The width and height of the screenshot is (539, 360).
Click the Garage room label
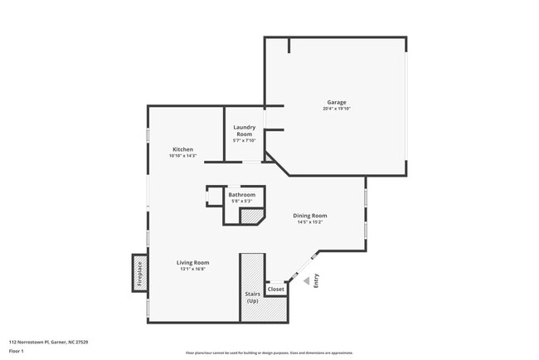click(336, 102)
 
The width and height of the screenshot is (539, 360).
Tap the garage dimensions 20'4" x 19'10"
click(337, 109)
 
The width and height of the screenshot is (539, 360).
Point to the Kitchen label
click(182, 149)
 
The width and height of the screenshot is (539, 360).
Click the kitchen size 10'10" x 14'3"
click(182, 156)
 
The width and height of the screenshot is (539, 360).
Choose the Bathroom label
click(242, 195)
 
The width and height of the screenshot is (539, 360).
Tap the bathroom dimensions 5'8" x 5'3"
click(242, 202)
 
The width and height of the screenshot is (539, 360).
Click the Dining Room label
click(310, 216)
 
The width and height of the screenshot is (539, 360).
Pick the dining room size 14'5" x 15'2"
click(310, 222)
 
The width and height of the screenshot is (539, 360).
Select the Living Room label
click(192, 262)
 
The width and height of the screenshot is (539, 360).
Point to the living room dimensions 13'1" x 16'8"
click(192, 269)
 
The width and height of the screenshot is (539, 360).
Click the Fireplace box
click(139, 273)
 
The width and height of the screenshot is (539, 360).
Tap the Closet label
click(275, 289)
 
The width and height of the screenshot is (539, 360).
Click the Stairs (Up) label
click(253, 297)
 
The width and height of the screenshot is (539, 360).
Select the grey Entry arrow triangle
click(306, 281)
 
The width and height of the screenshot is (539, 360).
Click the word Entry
click(316, 282)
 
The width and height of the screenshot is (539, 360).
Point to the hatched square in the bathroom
click(250, 216)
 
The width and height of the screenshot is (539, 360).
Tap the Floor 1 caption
click(16, 351)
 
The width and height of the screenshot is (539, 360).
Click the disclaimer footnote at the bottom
click(269, 353)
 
